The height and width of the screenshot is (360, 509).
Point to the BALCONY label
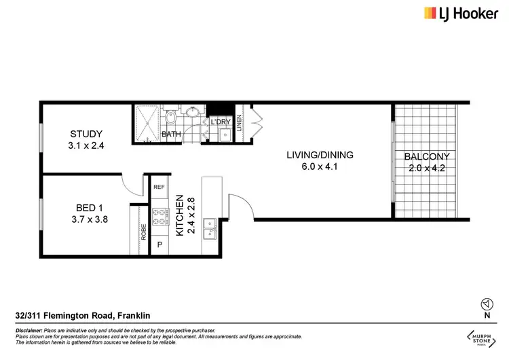[427, 156]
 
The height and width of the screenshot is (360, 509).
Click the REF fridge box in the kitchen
[159, 187]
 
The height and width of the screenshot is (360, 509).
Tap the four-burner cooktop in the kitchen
[159, 215]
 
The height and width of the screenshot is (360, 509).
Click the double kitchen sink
[212, 228]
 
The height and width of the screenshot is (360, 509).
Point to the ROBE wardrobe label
[144, 233]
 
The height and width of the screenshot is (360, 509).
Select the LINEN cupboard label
[240, 128]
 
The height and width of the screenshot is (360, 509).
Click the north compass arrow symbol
[486, 304]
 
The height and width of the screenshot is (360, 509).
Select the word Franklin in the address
[134, 316]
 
